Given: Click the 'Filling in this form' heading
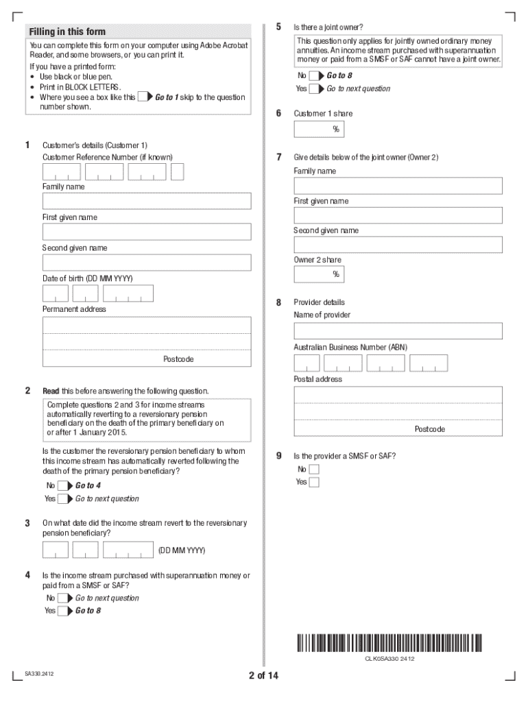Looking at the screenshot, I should (67, 32).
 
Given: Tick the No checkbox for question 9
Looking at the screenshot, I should (314, 470).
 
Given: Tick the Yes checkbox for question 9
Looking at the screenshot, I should (314, 482).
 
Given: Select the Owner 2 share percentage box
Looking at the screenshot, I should (319, 274).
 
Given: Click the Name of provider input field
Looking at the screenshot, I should (398, 331).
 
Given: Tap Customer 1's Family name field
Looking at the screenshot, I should (147, 201).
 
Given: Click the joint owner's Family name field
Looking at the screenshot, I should (398, 186).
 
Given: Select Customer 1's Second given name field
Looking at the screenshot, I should (147, 263).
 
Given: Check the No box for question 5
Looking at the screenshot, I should (314, 76).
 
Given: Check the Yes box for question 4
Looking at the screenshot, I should (62, 611).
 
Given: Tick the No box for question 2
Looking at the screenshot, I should (62, 486).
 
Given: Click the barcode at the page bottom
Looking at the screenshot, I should (389, 643).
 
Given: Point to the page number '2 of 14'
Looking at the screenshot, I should (263, 676).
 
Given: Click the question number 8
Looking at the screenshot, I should (278, 302).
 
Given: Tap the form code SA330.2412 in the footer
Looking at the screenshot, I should (39, 675).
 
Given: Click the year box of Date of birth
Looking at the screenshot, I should (128, 293).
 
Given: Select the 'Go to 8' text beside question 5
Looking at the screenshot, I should (339, 76).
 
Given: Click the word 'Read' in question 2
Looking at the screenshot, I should (51, 391).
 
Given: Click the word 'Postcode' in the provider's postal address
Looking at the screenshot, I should (429, 429).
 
